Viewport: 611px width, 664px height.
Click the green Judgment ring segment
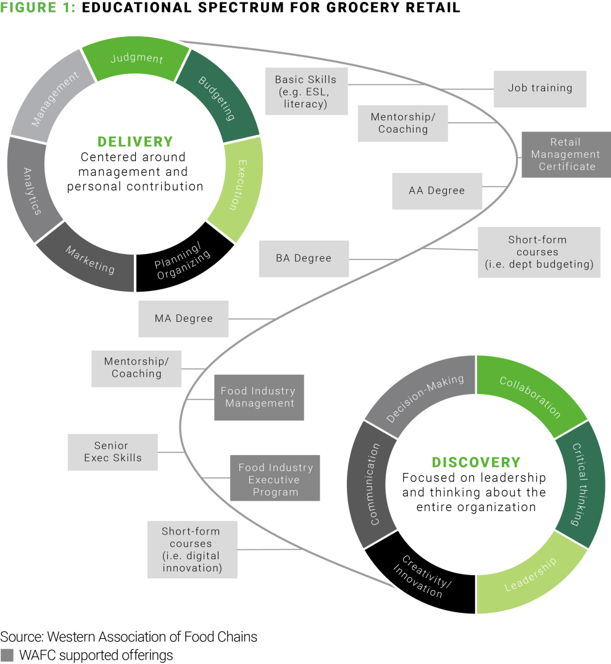coord(136,59)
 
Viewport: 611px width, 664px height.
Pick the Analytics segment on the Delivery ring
coord(32,191)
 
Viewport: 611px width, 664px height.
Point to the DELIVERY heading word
coord(135,141)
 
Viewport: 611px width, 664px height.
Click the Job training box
coord(540,88)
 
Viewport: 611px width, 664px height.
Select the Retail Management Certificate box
coord(565,154)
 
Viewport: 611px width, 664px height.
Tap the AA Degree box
coord(437,191)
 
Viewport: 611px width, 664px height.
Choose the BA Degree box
coord(304,258)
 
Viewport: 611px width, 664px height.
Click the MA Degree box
coord(183,319)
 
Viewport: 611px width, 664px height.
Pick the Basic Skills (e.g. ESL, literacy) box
coord(306,91)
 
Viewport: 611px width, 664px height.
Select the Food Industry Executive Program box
coord(275,480)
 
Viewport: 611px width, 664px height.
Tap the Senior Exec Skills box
coord(113,452)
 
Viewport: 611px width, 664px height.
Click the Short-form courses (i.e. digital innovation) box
coord(192,549)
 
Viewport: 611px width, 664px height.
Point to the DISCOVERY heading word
coord(476,462)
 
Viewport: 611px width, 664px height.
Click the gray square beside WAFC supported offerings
coord(7,655)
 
